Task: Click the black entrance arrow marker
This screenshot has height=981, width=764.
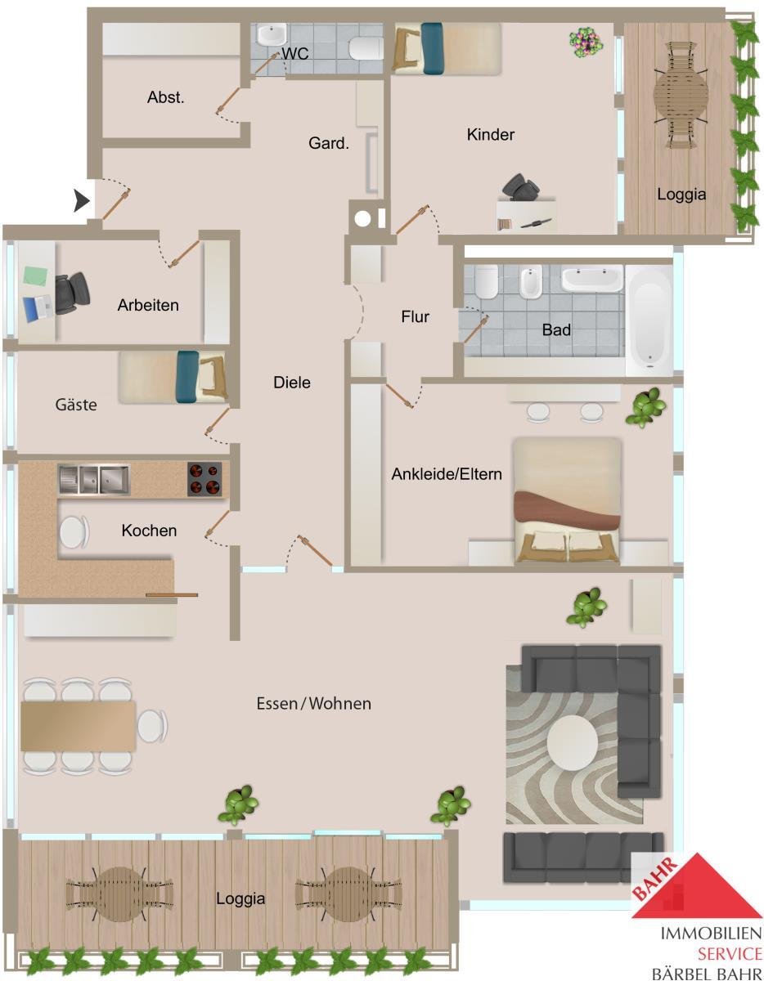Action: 81,200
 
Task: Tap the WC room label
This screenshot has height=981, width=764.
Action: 295,53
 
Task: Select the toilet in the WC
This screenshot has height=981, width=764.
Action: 366,48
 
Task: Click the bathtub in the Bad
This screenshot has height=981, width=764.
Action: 649,320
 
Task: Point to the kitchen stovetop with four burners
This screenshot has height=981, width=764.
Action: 204,479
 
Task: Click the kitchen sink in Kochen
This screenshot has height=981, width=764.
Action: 94,479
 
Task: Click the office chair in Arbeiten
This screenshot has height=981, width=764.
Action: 72,293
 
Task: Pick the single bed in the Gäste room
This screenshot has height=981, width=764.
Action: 173,377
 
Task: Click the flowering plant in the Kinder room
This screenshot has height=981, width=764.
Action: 586,43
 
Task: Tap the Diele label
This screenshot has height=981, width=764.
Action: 292,383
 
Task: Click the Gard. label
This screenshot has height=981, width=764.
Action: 328,143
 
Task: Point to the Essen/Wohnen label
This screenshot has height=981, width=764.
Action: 314,703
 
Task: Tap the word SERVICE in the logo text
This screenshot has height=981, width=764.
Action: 730,954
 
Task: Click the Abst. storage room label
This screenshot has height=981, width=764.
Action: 166,97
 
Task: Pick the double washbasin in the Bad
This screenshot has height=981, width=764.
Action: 592,278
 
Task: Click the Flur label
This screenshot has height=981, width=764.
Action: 415,316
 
